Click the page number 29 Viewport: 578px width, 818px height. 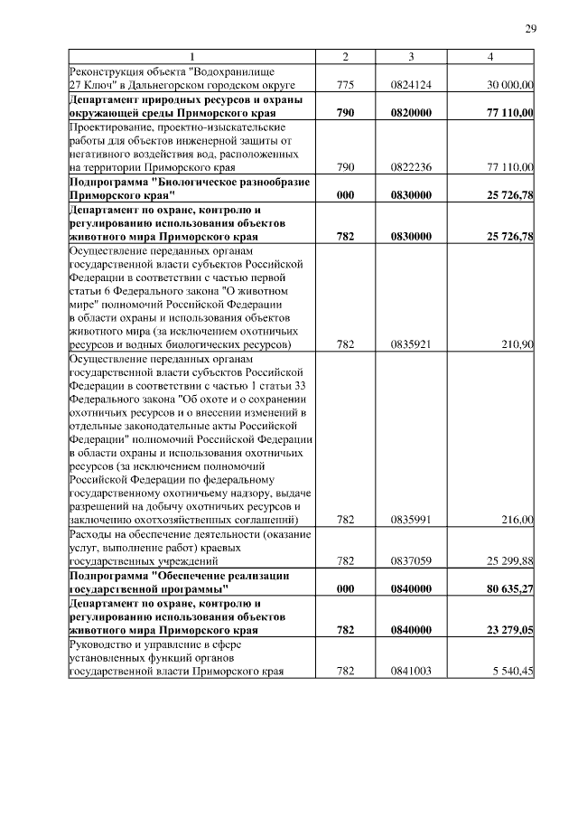click(x=531, y=29)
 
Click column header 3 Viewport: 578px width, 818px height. click(x=411, y=58)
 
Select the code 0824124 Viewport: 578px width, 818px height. click(x=411, y=85)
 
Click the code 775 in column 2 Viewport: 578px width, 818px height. click(x=345, y=85)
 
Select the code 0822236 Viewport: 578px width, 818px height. click(x=411, y=167)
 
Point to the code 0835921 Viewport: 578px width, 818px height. click(x=411, y=344)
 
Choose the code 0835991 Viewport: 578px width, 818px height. click(x=411, y=520)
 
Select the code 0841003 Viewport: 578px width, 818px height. click(x=411, y=672)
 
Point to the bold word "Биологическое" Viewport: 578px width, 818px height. click(x=209, y=182)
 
